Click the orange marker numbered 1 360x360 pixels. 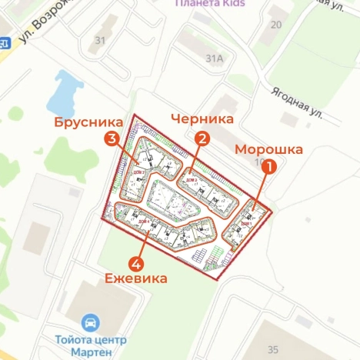pos(268,165)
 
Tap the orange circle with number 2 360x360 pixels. pos(202,138)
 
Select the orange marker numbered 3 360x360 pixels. pos(112,138)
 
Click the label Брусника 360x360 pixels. pos(88,122)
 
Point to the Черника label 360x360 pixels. pos(202,119)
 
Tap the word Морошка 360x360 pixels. pos(268,149)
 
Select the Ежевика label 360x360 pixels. pos(136,279)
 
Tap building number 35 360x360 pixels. pos(272,348)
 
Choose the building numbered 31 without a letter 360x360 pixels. pos(100,40)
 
